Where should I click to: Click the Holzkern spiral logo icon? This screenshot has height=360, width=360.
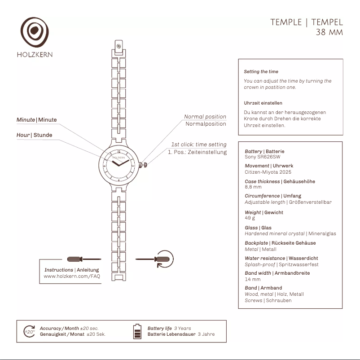(34, 32)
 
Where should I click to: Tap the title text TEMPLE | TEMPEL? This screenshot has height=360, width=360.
(306, 22)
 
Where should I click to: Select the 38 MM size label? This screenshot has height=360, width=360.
(329, 32)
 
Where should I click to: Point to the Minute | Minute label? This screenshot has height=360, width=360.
(37, 120)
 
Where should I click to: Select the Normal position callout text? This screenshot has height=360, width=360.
(205, 117)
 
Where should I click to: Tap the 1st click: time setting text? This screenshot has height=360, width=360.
(198, 145)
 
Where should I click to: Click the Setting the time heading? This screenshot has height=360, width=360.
(261, 72)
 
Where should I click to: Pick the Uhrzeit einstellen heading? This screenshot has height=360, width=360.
(263, 103)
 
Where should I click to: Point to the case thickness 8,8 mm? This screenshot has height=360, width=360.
(253, 187)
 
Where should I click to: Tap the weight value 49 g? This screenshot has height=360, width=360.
(250, 218)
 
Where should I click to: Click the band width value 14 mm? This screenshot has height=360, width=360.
(253, 279)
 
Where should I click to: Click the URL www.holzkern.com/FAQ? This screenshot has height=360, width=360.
(72, 277)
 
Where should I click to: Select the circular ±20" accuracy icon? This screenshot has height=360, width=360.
(29, 331)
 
